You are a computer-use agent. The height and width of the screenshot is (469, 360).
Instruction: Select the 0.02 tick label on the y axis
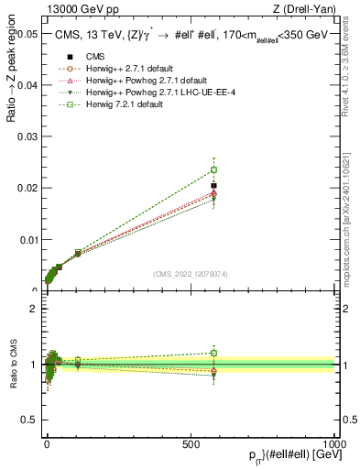tap(26, 188)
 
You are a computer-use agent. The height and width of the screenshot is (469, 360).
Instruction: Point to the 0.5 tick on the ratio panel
tap(29, 422)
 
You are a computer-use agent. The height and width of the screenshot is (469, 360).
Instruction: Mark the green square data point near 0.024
tap(213, 169)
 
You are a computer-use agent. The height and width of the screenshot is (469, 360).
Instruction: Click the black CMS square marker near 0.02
tap(213, 186)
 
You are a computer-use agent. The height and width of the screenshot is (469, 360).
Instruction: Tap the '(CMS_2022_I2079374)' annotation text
tap(191, 272)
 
